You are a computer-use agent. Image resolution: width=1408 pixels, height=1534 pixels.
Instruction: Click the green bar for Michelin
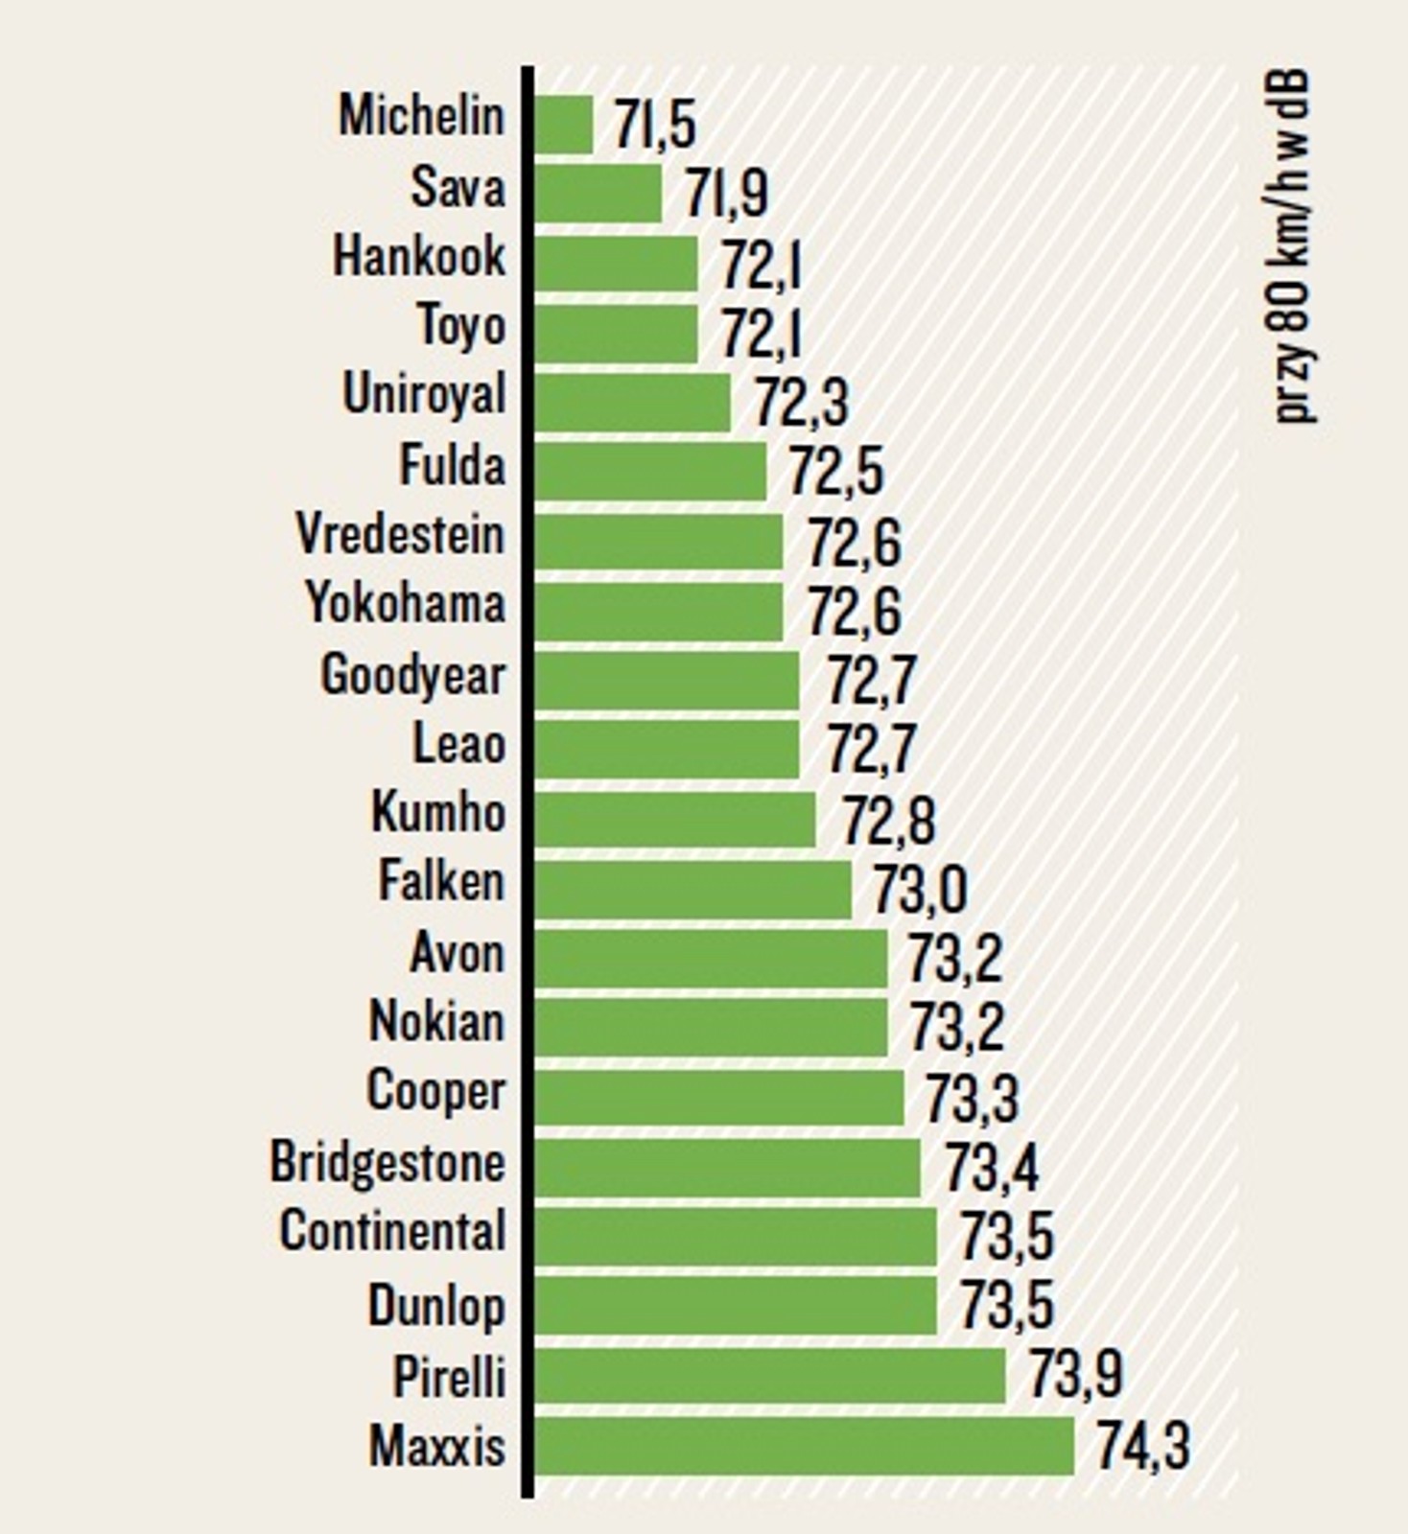click(564, 125)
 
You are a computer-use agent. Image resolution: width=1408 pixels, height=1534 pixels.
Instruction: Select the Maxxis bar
click(804, 1447)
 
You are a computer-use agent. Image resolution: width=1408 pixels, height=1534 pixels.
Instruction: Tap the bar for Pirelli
click(769, 1377)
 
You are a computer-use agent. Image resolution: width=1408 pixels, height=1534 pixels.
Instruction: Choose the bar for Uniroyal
click(632, 403)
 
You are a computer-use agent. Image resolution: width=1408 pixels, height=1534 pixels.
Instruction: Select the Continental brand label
click(392, 1231)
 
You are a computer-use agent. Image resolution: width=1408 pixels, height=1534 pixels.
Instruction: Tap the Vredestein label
click(400, 535)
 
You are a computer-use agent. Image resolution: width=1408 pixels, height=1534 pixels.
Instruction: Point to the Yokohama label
click(405, 605)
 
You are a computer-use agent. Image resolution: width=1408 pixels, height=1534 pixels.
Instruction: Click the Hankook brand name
click(418, 257)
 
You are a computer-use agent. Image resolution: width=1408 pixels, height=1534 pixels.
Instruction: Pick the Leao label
click(458, 744)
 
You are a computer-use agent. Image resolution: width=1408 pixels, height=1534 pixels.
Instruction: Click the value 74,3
click(1142, 1447)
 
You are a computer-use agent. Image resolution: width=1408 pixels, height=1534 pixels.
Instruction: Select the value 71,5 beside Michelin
click(655, 125)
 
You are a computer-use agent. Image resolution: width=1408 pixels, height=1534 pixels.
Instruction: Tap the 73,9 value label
click(1075, 1375)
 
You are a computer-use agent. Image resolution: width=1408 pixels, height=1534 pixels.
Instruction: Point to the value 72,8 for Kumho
click(888, 821)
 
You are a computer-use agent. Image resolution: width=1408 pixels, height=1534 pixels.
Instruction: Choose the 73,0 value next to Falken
click(920, 890)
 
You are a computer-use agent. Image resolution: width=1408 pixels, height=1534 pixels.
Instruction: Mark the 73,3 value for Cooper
click(972, 1099)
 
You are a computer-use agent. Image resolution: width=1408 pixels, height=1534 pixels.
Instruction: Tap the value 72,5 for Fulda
click(835, 472)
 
